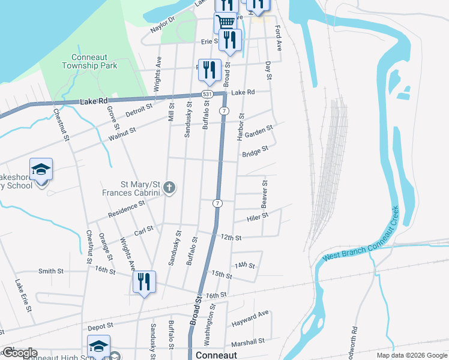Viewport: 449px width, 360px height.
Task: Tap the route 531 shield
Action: pyautogui.click(x=207, y=94)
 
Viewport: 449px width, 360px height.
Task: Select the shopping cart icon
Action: pyautogui.click(x=225, y=23)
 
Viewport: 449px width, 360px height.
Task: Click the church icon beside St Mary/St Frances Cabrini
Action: pyautogui.click(x=169, y=188)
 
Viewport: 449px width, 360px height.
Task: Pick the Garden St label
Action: pyautogui.click(x=259, y=131)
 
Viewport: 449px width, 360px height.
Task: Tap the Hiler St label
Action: pyautogui.click(x=256, y=217)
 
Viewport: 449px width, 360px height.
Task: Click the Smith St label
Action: pyautogui.click(x=51, y=271)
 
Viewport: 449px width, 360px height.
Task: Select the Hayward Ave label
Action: pyautogui.click(x=250, y=319)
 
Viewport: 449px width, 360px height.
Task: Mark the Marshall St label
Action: pyautogui.click(x=248, y=342)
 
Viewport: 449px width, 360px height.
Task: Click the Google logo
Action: pyautogui.click(x=19, y=353)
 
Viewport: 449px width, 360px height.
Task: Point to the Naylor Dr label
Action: pyautogui.click(x=162, y=25)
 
